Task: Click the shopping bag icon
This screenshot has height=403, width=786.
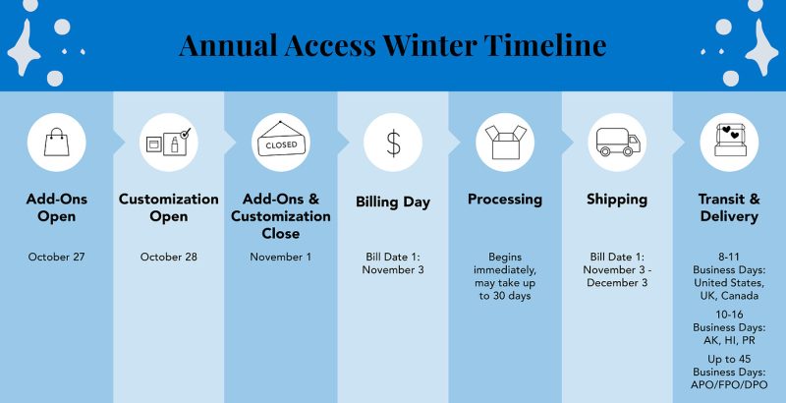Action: click(x=57, y=142)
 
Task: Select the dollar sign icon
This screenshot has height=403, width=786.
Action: click(x=394, y=143)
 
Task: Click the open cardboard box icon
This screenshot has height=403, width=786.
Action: click(x=505, y=142)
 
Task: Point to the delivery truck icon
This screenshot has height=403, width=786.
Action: click(x=618, y=142)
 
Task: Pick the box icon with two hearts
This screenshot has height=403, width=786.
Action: click(x=730, y=140)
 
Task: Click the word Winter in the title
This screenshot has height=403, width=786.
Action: click(x=429, y=44)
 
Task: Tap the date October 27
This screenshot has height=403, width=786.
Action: click(x=57, y=257)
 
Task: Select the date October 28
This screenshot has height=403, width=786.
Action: click(x=169, y=257)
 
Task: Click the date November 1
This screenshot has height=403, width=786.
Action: click(x=281, y=257)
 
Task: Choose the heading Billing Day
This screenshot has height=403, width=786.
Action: click(x=393, y=202)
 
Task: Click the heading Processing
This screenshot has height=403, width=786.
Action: click(x=505, y=200)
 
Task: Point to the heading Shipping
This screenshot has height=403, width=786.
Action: click(x=617, y=200)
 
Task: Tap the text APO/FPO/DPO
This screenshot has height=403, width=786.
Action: click(x=729, y=385)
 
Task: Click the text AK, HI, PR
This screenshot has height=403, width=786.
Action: click(x=729, y=340)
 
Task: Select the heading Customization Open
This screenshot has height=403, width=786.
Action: click(x=169, y=207)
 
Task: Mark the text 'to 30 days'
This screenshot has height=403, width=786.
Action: click(x=505, y=296)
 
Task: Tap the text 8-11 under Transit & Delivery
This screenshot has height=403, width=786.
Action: click(x=729, y=257)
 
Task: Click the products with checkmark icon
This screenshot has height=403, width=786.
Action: click(x=168, y=142)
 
